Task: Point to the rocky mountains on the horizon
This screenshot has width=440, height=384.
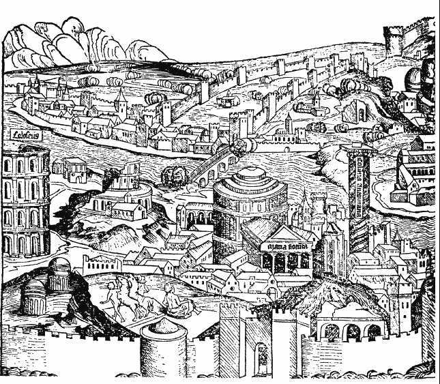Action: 75,41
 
